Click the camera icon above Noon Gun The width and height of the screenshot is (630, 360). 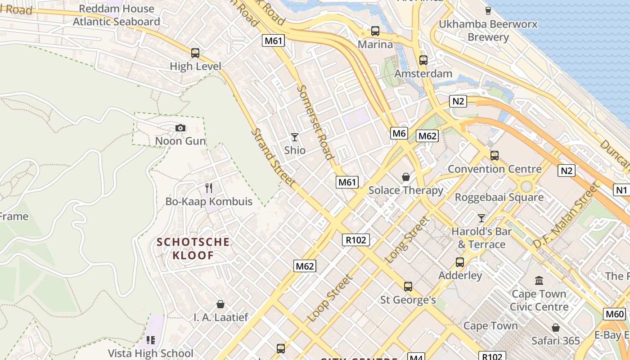pyautogui.click(x=180, y=128)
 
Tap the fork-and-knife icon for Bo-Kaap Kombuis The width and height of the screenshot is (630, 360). pyautogui.click(x=208, y=188)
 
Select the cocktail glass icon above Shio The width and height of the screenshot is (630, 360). pyautogui.click(x=295, y=137)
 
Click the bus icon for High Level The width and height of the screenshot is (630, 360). pyautogui.click(x=195, y=53)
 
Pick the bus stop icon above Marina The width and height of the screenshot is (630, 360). pyautogui.click(x=375, y=31)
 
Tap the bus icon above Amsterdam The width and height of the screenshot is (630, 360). pyautogui.click(x=423, y=60)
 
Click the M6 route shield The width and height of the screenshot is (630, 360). pyautogui.click(x=399, y=133)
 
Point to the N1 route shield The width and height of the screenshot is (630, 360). pyautogui.click(x=621, y=190)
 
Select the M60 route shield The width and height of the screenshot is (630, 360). pyautogui.click(x=615, y=314)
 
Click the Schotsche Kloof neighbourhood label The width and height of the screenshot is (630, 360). pyautogui.click(x=193, y=249)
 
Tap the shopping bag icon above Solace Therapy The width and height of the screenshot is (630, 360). pyautogui.click(x=406, y=177)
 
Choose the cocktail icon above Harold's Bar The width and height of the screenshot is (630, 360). pyautogui.click(x=481, y=218)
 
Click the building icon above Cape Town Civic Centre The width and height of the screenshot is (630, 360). pyautogui.click(x=539, y=281)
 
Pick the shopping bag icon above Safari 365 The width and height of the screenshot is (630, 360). pyautogui.click(x=556, y=328)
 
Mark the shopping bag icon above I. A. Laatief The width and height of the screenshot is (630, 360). pyautogui.click(x=220, y=304)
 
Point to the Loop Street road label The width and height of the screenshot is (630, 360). pyautogui.click(x=329, y=298)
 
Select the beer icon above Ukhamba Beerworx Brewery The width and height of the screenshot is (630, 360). pyautogui.click(x=488, y=11)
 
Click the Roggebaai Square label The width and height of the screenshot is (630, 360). pyautogui.click(x=499, y=197)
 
